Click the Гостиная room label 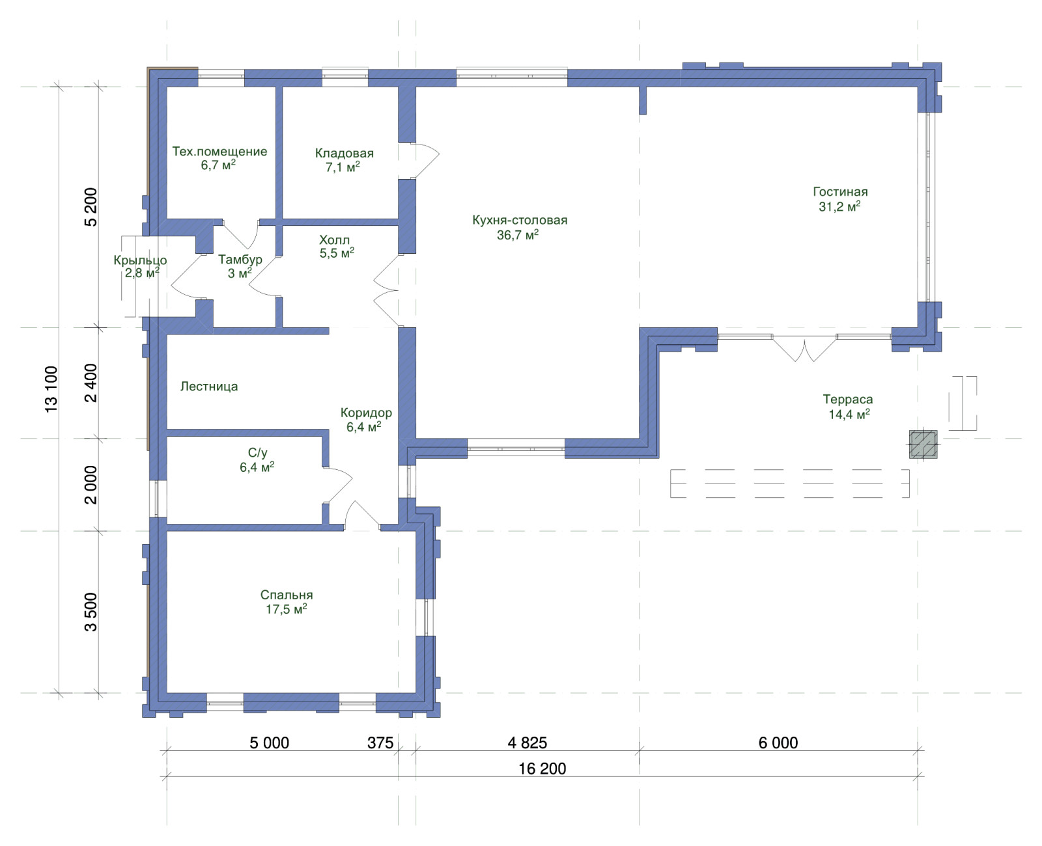(840, 191)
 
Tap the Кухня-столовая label (520, 220)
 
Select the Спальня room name (286, 595)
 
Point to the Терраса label (848, 400)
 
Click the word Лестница (209, 387)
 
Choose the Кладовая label (344, 154)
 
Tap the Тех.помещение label (219, 152)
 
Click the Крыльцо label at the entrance (141, 260)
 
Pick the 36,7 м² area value (518, 235)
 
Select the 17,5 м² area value (286, 609)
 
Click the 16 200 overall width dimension (542, 769)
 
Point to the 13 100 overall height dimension (51, 389)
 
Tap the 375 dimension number (380, 743)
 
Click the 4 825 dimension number (527, 743)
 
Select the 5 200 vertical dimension (91, 207)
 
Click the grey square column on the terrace (923, 444)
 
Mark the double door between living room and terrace (804, 348)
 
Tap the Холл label (334, 240)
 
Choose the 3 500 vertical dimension (91, 612)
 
